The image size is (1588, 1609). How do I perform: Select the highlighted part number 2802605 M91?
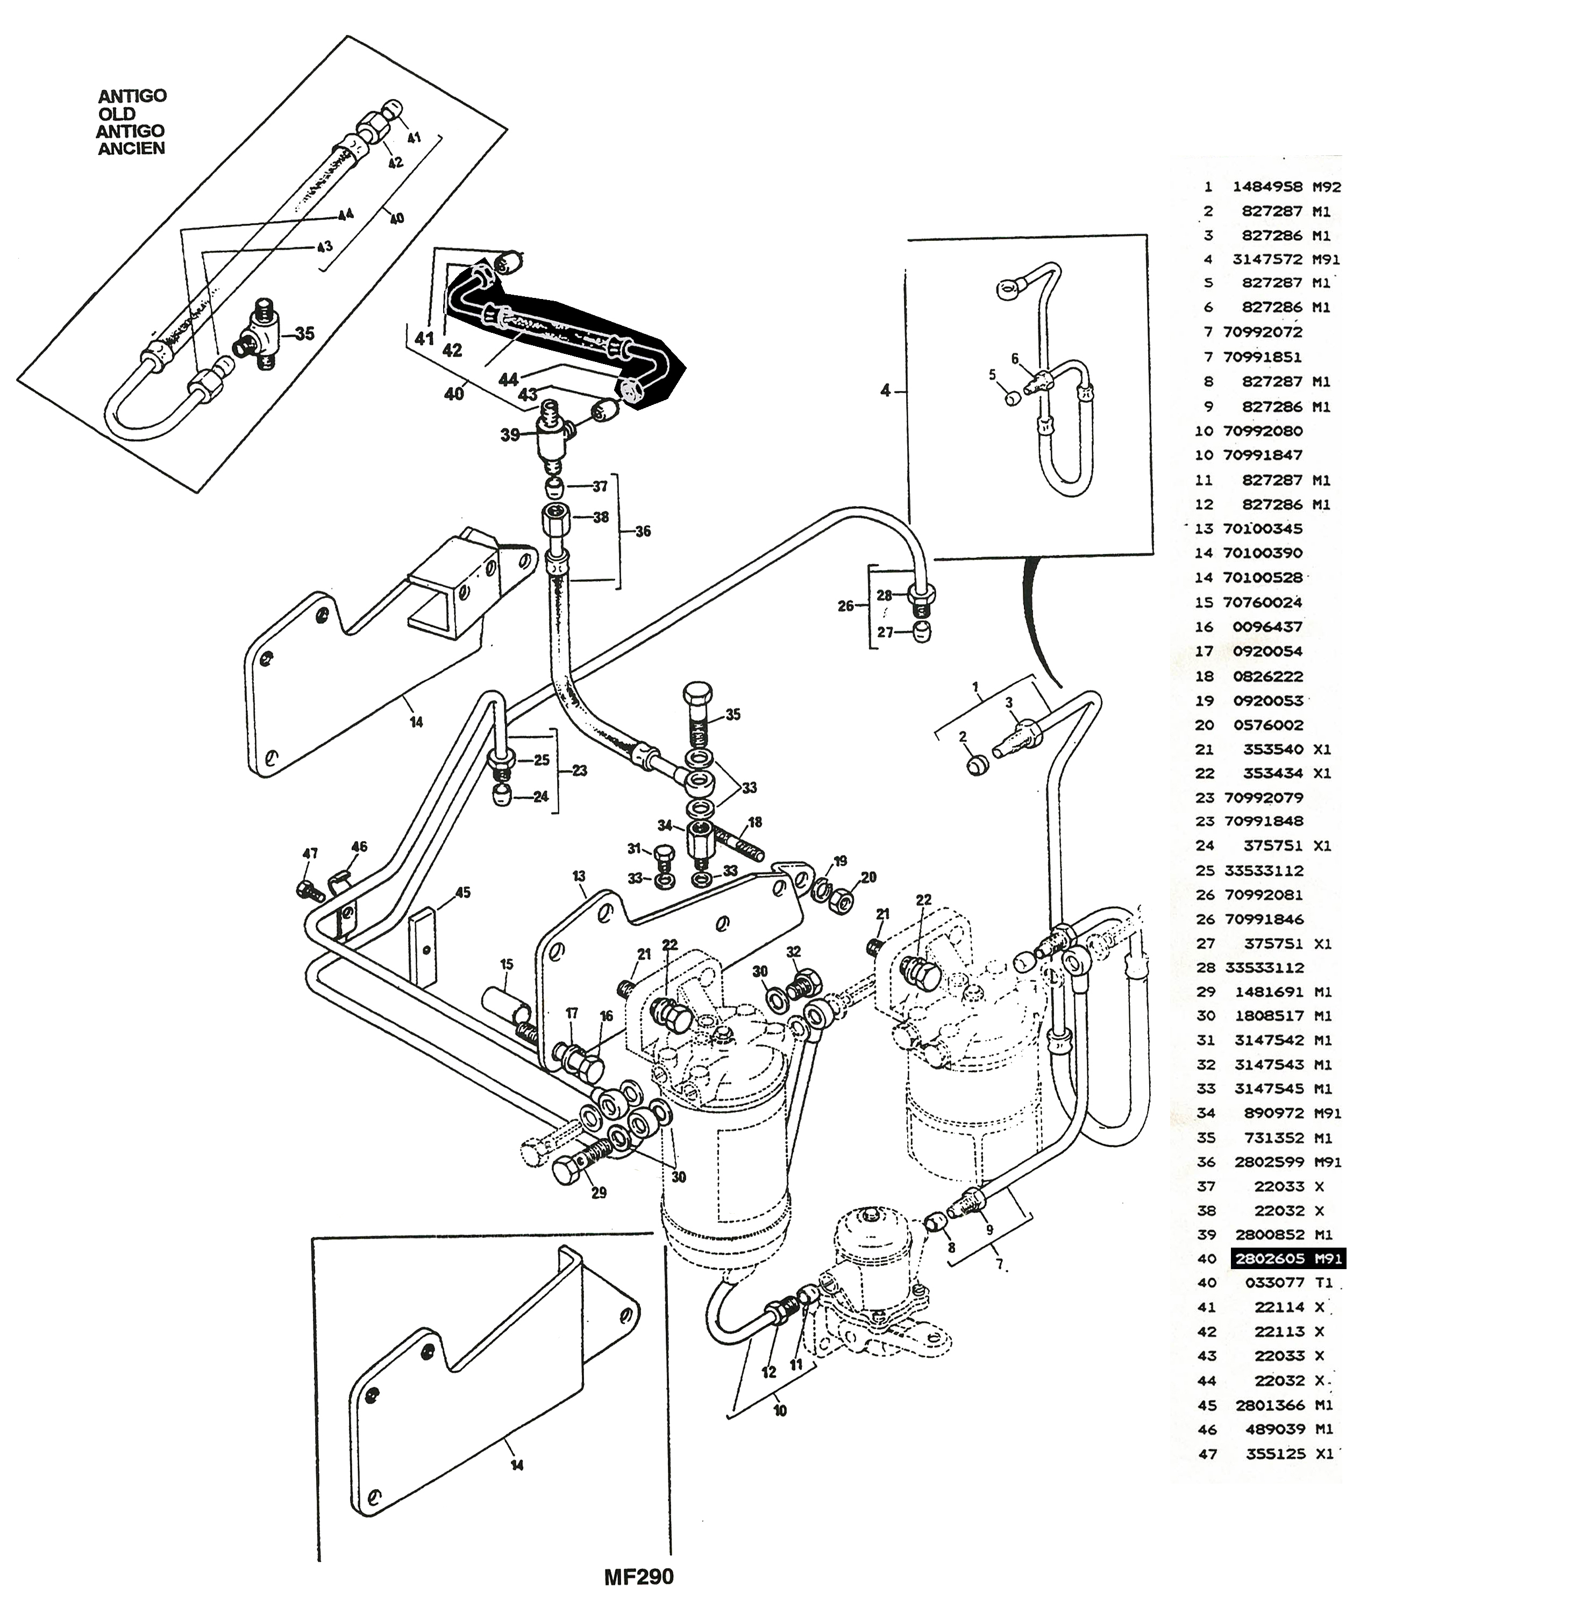(1288, 1258)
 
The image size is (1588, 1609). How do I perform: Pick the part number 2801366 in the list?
(1270, 1405)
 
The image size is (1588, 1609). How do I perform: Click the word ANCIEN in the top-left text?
(132, 148)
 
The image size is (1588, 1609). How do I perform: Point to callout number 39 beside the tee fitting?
(510, 435)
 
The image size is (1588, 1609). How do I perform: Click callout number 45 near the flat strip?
(463, 893)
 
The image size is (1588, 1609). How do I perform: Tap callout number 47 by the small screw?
(310, 853)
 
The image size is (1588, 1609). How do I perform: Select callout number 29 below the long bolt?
(599, 1193)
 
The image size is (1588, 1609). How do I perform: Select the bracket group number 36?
(643, 531)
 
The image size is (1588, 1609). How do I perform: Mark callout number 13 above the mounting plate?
(579, 876)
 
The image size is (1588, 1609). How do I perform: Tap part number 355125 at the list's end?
(1276, 1454)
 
